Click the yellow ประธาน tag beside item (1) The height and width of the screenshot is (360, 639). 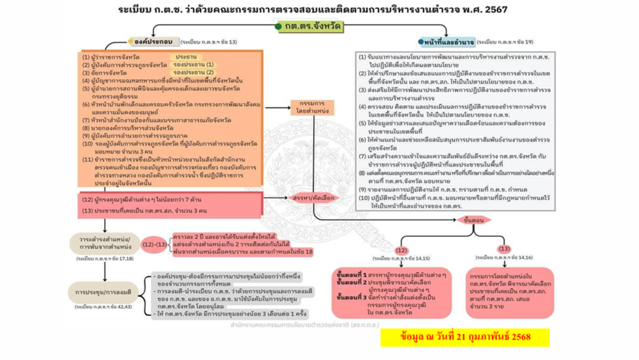(x=186, y=56)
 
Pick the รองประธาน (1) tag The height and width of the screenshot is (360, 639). (x=193, y=64)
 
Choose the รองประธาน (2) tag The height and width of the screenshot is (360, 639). (x=193, y=72)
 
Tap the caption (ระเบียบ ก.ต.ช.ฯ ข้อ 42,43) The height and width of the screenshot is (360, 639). (x=103, y=307)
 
